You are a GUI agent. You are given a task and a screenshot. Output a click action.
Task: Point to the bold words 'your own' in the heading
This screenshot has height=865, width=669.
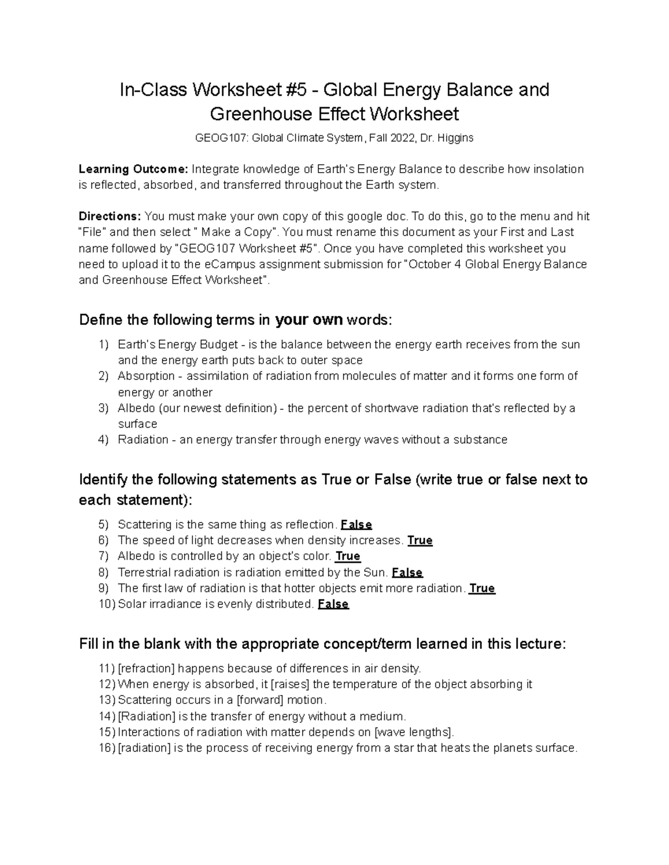pos(309,320)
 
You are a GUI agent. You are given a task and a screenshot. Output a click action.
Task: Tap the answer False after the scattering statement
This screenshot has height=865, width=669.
pos(356,525)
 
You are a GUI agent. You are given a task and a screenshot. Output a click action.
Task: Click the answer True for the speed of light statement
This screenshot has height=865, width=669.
pos(420,540)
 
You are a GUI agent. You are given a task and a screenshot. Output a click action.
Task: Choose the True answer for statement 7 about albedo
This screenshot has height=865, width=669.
pos(348,556)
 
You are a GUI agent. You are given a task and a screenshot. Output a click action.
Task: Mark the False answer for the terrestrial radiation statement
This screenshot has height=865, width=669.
pos(407,572)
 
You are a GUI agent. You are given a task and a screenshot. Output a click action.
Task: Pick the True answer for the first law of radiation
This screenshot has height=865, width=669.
pos(482,588)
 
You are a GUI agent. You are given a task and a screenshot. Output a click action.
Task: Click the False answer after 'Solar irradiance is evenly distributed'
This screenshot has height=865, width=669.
pos(333,604)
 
